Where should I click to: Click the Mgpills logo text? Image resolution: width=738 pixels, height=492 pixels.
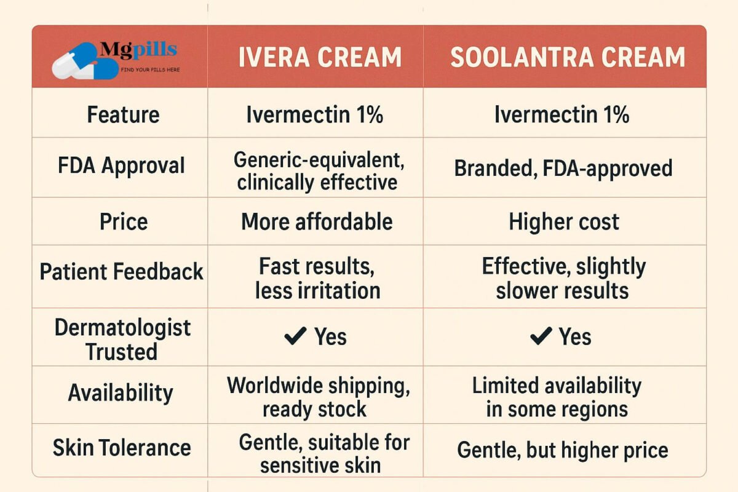click(138, 49)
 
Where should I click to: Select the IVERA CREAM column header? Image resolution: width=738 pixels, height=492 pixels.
click(320, 57)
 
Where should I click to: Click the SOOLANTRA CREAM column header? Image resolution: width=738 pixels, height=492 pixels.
click(567, 57)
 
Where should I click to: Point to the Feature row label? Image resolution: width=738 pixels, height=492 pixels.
click(123, 115)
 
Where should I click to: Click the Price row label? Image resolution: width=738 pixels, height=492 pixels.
click(124, 221)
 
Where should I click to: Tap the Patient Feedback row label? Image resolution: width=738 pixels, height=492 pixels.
click(121, 271)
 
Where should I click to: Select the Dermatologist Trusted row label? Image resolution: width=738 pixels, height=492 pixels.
click(122, 339)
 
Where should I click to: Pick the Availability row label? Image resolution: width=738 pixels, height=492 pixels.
click(121, 392)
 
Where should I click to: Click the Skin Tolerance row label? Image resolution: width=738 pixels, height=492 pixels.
click(121, 448)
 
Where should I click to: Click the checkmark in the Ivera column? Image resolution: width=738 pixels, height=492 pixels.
click(296, 336)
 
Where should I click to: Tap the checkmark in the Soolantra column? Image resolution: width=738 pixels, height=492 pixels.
click(540, 336)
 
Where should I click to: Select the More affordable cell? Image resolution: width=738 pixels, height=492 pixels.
click(317, 221)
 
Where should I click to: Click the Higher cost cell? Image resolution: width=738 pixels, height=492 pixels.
click(564, 222)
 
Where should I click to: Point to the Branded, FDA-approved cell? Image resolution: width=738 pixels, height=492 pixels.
click(563, 168)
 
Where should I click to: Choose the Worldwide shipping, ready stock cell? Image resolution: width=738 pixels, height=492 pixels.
click(317, 397)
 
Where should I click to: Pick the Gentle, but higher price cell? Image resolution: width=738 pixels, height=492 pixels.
click(562, 450)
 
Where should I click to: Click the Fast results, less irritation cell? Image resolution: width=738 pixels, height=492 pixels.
click(317, 278)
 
